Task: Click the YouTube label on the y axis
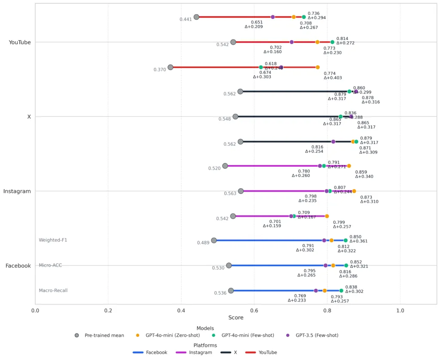[19, 42]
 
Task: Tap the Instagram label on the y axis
[17, 191]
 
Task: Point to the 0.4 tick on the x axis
[181, 310]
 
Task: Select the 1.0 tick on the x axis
[400, 310]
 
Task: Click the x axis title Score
[236, 318]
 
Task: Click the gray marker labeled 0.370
[170, 67]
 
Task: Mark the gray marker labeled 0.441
[196, 17]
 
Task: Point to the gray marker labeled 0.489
[214, 240]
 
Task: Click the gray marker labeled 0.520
[225, 166]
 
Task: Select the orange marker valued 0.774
[318, 67]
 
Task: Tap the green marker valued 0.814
[332, 42]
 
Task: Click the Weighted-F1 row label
[53, 240]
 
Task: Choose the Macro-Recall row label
[53, 290]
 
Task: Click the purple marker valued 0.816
[333, 141]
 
